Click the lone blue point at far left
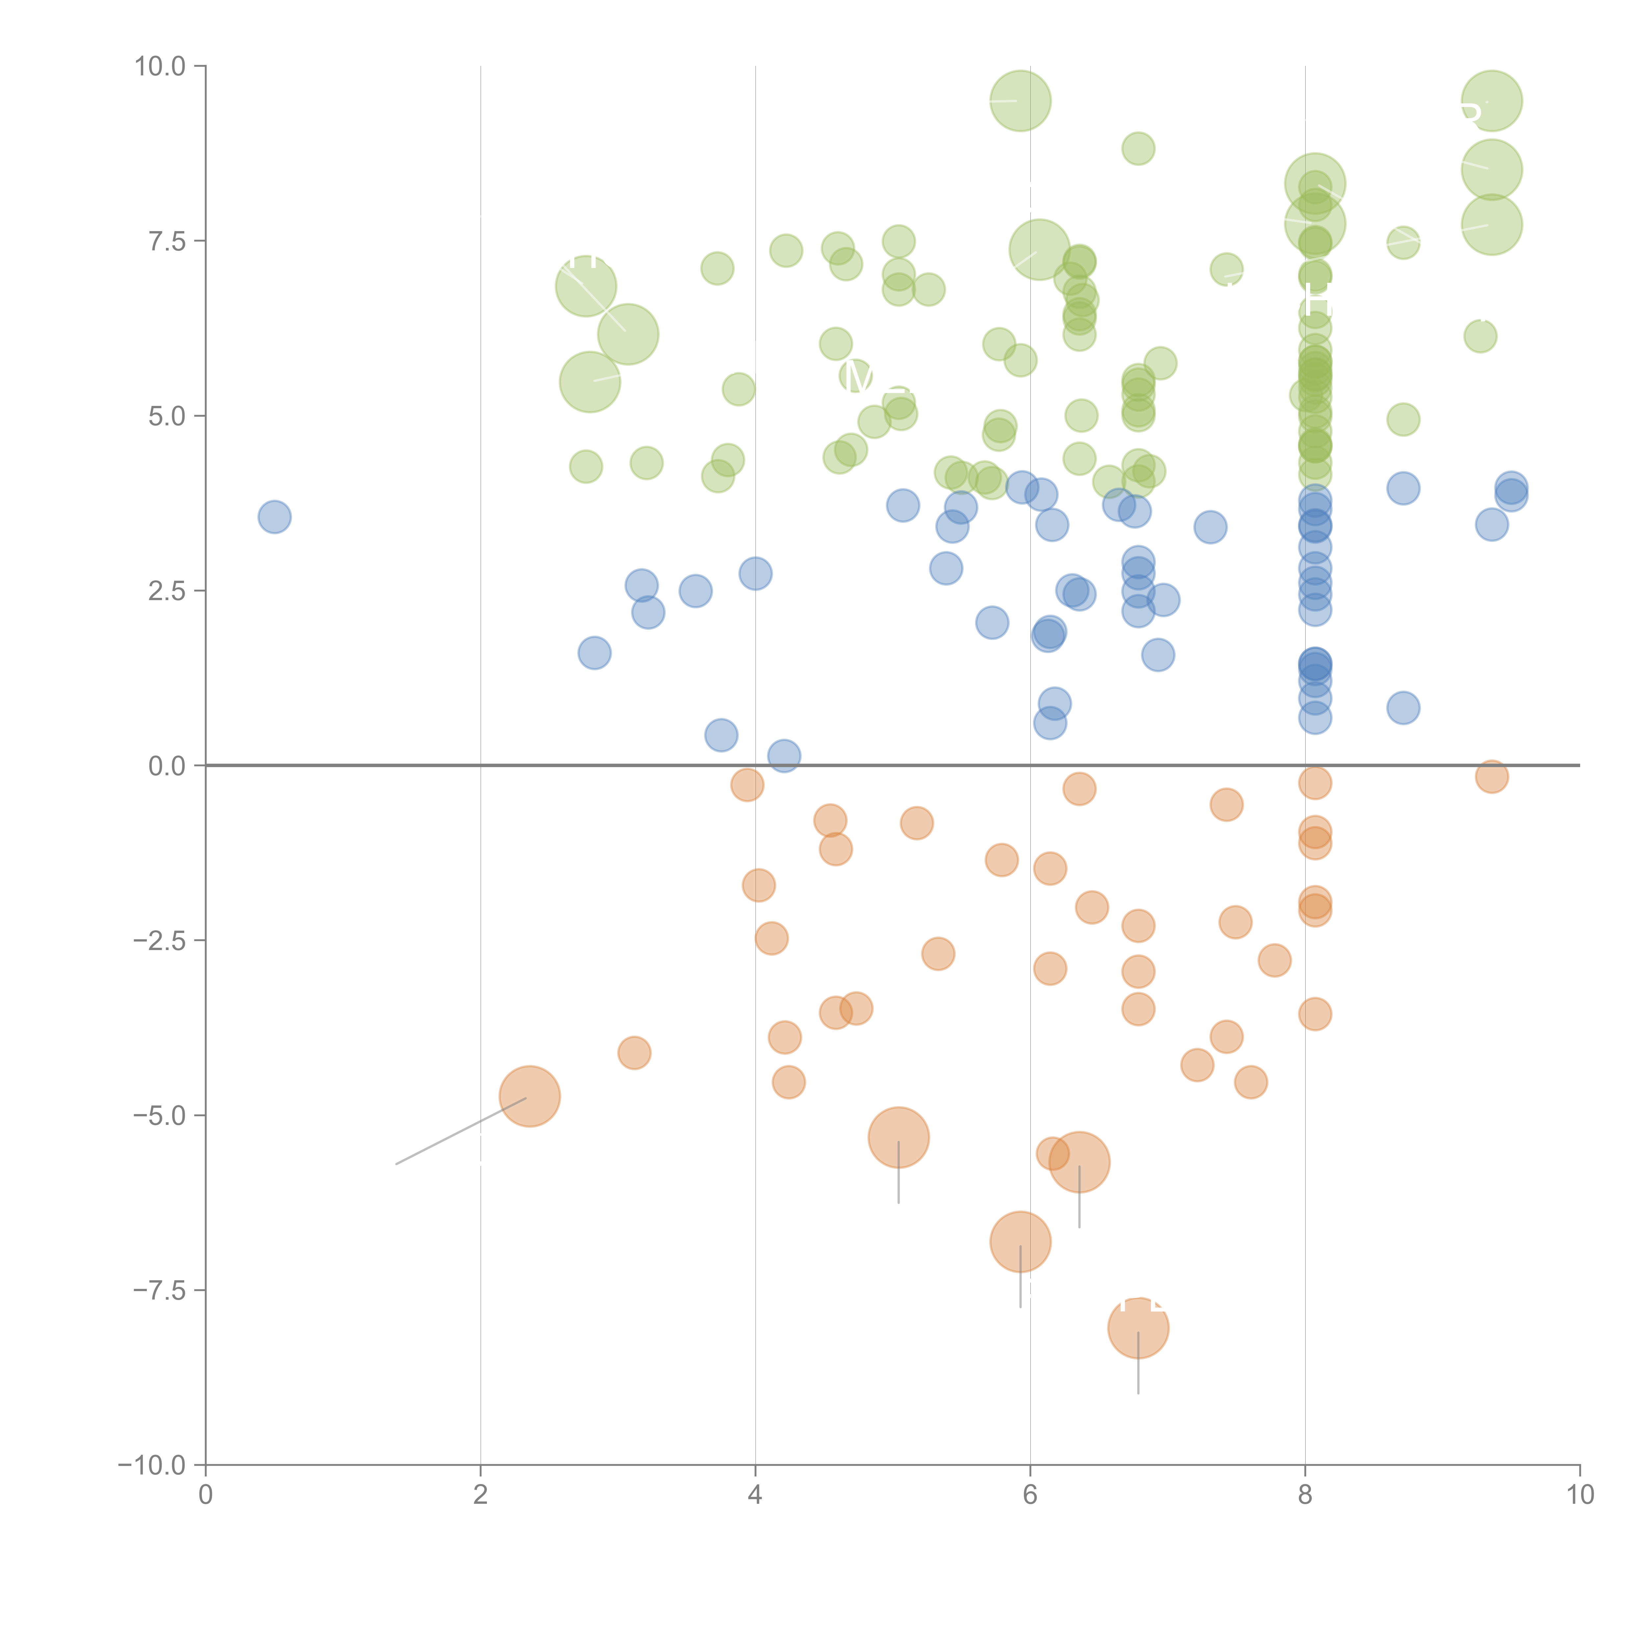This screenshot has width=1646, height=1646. click(x=274, y=516)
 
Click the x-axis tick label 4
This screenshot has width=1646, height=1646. click(x=755, y=1494)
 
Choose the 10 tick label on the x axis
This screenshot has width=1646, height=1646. click(x=1580, y=1494)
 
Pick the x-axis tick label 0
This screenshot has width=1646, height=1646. click(x=205, y=1494)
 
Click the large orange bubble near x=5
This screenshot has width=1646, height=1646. click(x=899, y=1137)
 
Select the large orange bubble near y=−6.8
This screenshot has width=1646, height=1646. click(x=1021, y=1241)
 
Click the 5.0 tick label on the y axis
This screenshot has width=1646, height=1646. click(x=167, y=416)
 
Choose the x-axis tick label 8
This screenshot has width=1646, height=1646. click(x=1305, y=1494)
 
